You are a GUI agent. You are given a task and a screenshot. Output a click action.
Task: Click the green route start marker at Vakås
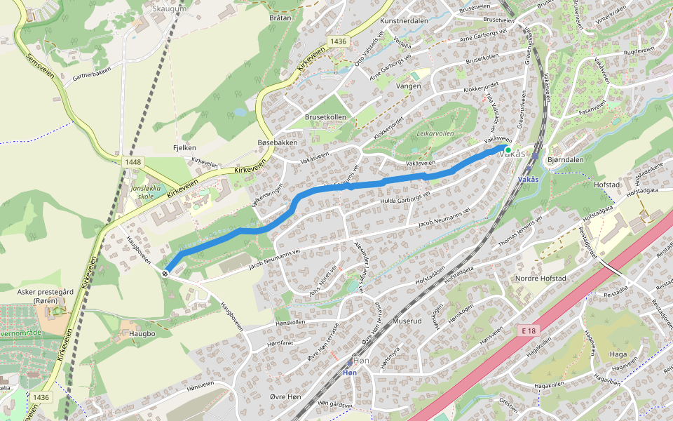click(x=508, y=149)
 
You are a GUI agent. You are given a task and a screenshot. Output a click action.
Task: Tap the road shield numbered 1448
click(x=132, y=162)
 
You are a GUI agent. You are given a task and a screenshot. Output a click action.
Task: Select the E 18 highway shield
click(x=530, y=329)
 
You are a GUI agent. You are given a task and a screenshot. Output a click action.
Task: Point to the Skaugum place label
click(x=170, y=8)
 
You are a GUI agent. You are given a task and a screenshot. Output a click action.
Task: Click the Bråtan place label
click(x=280, y=17)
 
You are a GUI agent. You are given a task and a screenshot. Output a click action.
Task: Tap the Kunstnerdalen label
click(x=404, y=21)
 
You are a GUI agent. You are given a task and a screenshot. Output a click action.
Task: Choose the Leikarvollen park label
click(x=435, y=133)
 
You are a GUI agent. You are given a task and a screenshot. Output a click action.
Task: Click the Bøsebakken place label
click(x=278, y=142)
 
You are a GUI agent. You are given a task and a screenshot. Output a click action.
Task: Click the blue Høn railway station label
click(x=351, y=373)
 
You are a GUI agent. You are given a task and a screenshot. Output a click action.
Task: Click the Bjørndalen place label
click(x=565, y=160)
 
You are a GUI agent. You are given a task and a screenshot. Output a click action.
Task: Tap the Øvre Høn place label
click(x=285, y=397)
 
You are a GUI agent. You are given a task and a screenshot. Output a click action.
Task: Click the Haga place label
click(x=618, y=354)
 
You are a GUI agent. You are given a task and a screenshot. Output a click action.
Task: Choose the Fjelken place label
click(x=184, y=148)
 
